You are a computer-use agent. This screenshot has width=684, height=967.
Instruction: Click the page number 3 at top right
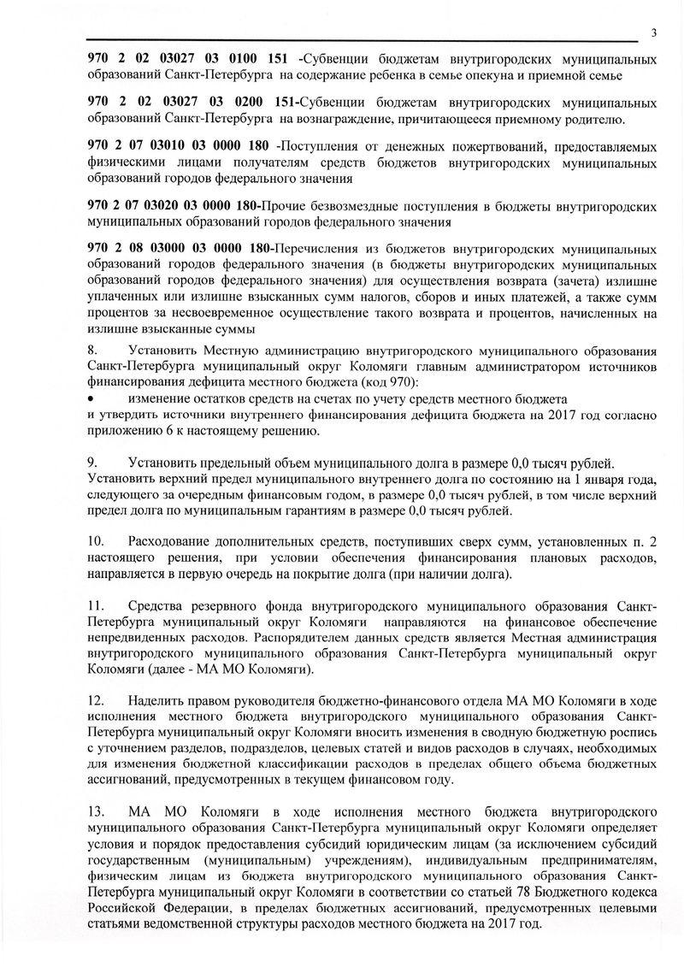[x=653, y=33]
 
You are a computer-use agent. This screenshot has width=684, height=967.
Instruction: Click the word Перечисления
[x=304, y=249]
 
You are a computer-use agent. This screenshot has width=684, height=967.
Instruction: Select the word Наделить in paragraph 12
[x=155, y=702]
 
